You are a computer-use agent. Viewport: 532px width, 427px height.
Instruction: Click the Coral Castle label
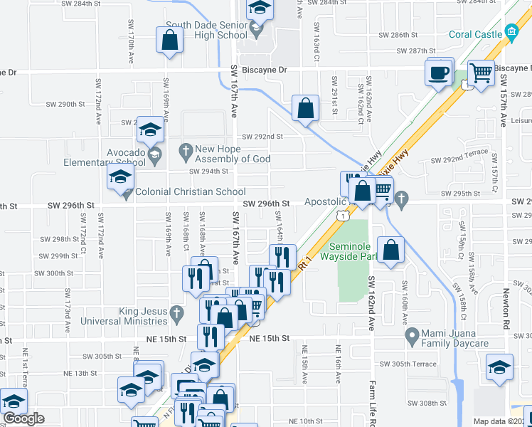click(474, 33)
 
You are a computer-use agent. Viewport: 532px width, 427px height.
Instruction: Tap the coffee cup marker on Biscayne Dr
click(439, 71)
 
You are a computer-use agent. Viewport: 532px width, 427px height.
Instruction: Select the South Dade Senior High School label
click(206, 30)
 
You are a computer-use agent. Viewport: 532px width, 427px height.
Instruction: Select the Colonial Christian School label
click(190, 191)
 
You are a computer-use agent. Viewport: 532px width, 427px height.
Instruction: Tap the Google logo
click(23, 418)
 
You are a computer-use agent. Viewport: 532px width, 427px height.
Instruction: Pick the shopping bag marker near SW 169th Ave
click(170, 41)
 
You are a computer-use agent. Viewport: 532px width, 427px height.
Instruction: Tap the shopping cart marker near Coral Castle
click(482, 72)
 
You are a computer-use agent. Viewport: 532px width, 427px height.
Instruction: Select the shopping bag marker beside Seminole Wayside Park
click(391, 249)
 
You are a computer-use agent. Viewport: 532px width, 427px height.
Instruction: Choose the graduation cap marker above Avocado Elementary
click(149, 129)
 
